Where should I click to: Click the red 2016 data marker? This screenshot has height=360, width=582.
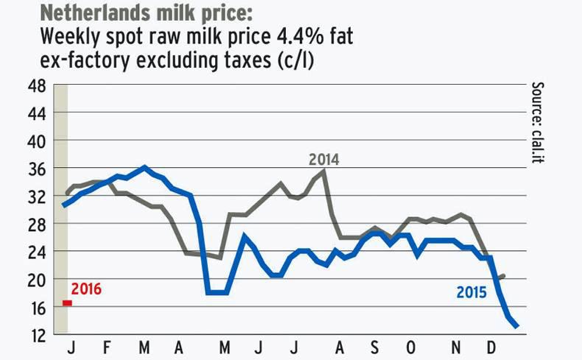(67, 303)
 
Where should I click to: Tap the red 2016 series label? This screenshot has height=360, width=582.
(86, 289)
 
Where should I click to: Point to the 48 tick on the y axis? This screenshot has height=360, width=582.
(38, 86)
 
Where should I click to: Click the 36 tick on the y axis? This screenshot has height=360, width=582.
(38, 169)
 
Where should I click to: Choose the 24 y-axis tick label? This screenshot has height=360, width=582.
(38, 252)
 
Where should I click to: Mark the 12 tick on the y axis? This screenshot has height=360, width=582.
(38, 335)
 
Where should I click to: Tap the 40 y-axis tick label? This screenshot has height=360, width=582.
(38, 141)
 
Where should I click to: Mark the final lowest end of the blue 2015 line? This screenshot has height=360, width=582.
(517, 326)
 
